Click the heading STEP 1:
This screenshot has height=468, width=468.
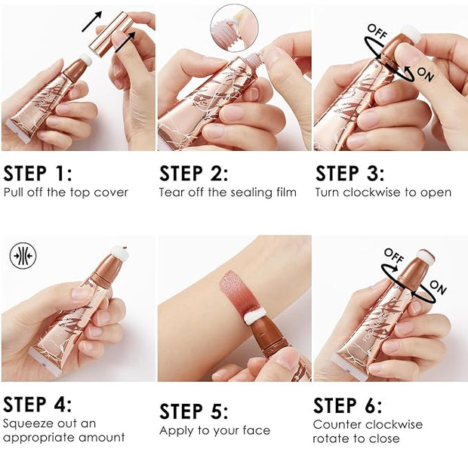click(x=38, y=174)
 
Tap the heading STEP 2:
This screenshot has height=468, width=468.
click(x=194, y=174)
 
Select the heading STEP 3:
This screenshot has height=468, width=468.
click(x=349, y=174)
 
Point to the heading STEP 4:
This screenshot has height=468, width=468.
click(x=38, y=404)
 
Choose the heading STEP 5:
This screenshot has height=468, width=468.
click(x=194, y=411)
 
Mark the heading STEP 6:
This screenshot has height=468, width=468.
click(x=348, y=405)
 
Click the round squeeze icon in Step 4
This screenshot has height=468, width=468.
click(x=23, y=256)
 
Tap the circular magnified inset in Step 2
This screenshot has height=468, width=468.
click(x=234, y=28)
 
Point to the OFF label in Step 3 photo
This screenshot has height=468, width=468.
click(x=377, y=32)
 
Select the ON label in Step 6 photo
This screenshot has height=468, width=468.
click(x=438, y=287)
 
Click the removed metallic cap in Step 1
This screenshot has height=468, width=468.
click(x=111, y=34)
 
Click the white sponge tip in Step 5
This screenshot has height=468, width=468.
click(x=254, y=316)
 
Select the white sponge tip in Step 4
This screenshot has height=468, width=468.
click(x=119, y=253)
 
